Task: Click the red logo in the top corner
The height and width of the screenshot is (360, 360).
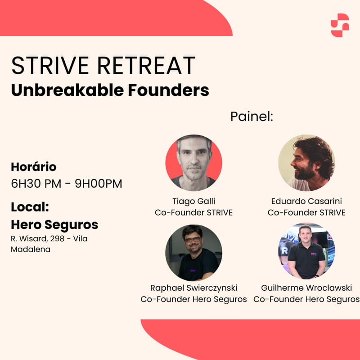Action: (340, 25)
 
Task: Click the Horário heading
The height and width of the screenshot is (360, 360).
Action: (34, 167)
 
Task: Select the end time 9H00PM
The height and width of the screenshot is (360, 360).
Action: (98, 184)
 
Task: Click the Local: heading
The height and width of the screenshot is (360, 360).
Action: (30, 207)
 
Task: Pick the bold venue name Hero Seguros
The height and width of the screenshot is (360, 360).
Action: (54, 224)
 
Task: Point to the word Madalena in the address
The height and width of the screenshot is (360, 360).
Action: (31, 249)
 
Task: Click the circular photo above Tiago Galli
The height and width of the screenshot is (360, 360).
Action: (194, 162)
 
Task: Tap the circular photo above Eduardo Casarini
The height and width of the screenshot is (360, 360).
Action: (306, 162)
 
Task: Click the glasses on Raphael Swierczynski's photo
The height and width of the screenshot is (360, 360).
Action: (193, 240)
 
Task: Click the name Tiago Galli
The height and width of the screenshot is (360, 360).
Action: (194, 201)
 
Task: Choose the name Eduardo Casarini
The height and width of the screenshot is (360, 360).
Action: (306, 201)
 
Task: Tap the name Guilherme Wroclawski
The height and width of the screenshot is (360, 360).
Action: (306, 288)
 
